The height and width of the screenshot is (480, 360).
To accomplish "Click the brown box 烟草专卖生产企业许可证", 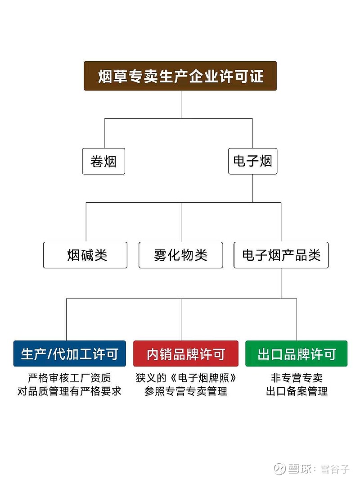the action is pos(180,76).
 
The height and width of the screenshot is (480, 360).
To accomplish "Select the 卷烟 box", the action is pos(103,161).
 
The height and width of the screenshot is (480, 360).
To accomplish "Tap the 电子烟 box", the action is pos(252,161).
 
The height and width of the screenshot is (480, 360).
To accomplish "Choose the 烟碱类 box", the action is pos(85,255).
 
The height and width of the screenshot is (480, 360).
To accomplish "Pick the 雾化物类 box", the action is pos(181,255).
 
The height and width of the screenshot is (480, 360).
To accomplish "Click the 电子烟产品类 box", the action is pos(281,255).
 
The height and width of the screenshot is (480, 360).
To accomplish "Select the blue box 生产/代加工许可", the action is pos(70,353).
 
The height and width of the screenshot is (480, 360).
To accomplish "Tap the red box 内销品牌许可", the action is pos(186,353).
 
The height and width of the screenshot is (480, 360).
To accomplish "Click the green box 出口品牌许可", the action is pos(297,353).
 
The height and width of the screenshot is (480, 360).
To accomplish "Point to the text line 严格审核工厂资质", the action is pos(69,378).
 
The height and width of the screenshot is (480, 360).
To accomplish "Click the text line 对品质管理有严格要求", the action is pos(69,391).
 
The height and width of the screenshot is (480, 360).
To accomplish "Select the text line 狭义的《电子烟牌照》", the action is pos(186,378).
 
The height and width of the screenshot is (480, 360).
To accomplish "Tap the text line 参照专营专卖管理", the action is pos(186,391).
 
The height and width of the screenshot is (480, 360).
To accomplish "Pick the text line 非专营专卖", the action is pos(297,378).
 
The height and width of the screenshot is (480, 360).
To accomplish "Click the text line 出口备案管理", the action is pos(297,391).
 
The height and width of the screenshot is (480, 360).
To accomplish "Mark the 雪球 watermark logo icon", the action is pos(279,469).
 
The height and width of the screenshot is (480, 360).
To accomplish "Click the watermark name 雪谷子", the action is pos(335,469).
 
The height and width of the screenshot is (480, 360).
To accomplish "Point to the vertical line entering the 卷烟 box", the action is pos(104,133).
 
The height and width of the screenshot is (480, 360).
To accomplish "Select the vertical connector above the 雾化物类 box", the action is pos(181,222).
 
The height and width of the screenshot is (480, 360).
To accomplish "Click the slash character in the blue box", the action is pos(49,354).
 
